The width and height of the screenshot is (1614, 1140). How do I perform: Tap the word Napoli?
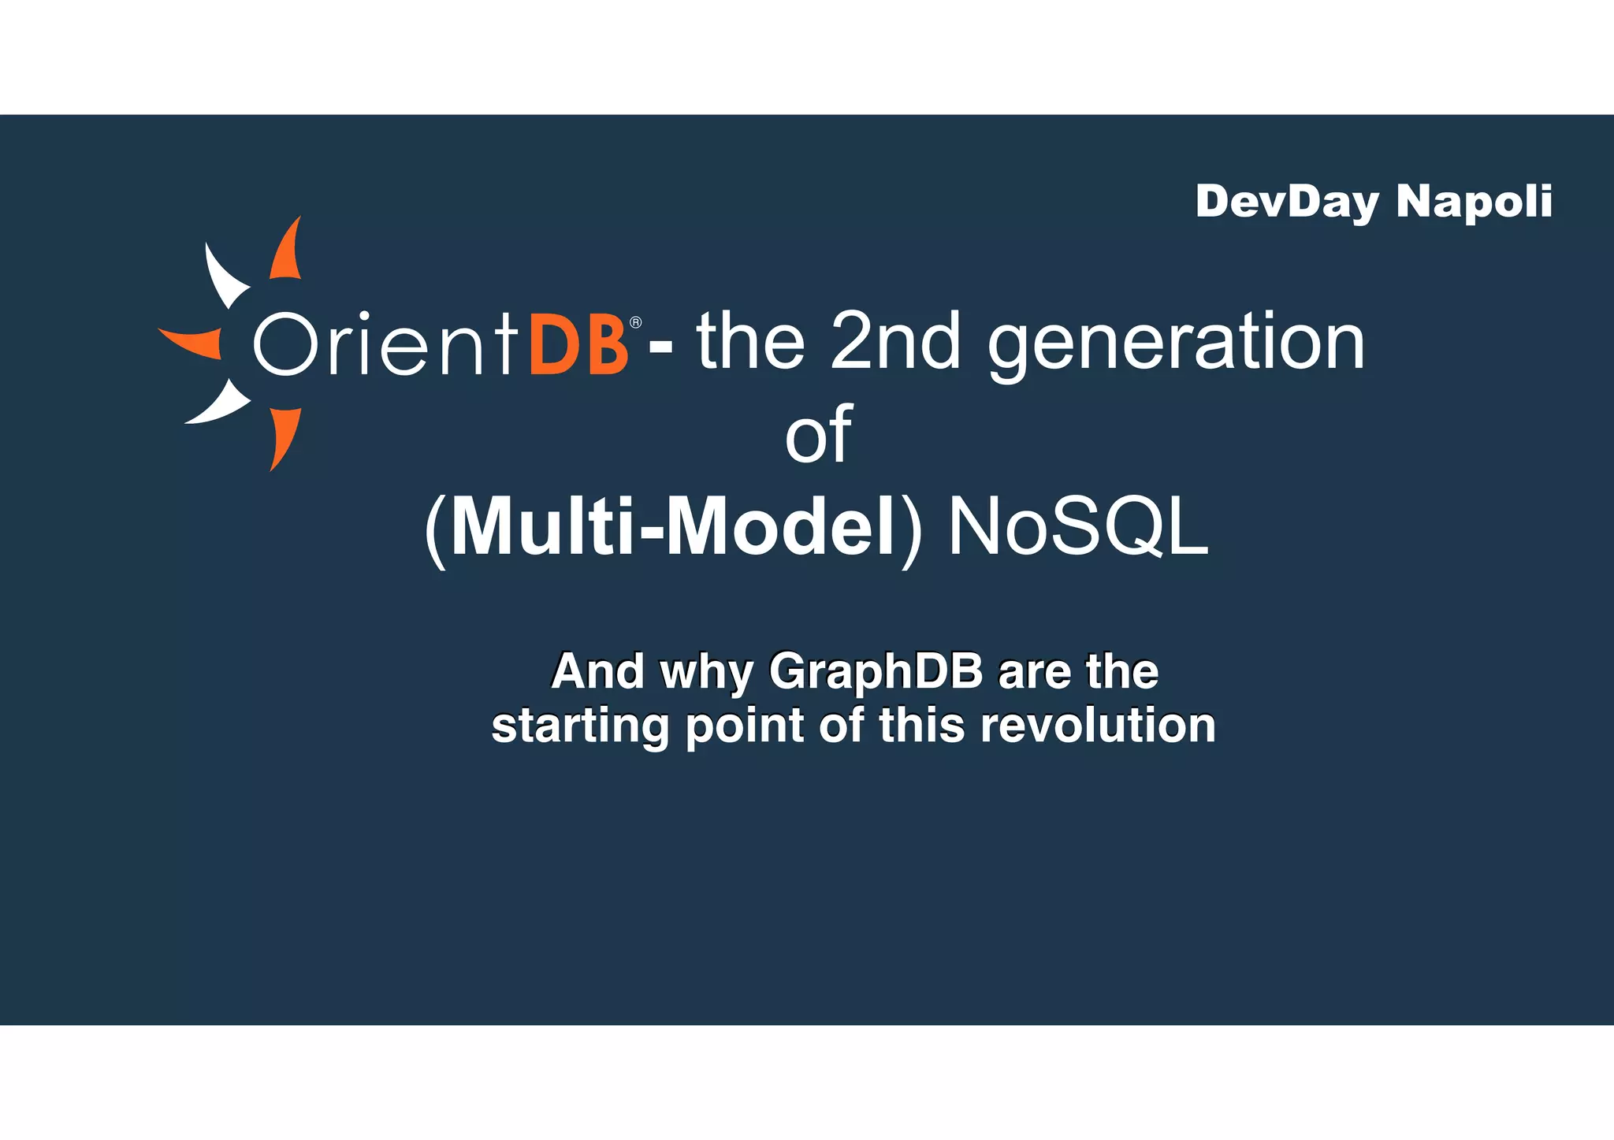(1474, 202)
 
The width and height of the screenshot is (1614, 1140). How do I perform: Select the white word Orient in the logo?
(386, 344)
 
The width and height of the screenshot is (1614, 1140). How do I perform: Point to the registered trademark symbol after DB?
(636, 323)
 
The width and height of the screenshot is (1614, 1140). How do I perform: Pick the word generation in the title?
(1176, 347)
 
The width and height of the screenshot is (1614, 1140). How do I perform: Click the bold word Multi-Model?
(674, 526)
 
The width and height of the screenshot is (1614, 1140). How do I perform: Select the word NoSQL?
(1078, 526)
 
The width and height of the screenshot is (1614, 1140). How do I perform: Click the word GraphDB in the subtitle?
(876, 672)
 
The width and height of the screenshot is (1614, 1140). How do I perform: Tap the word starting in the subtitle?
(580, 726)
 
